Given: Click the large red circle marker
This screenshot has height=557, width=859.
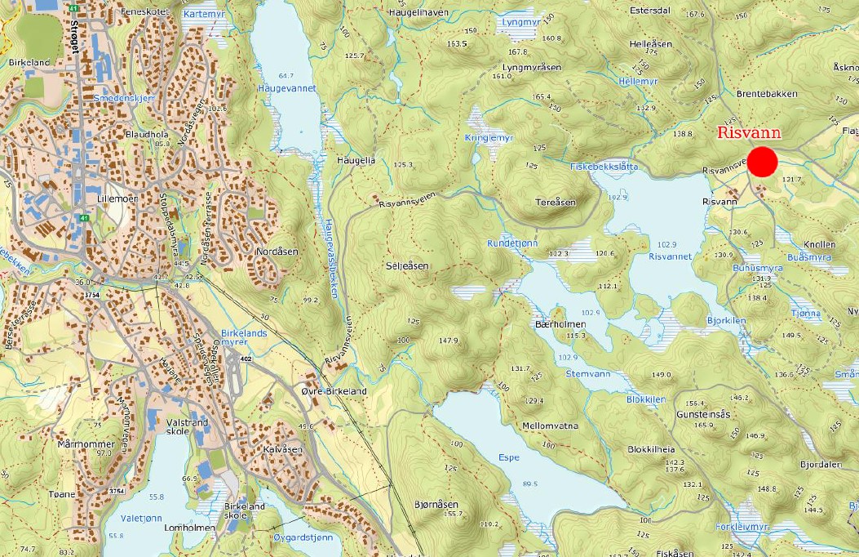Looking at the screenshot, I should point(763,162).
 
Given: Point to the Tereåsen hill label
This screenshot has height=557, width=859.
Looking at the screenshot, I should point(556,203).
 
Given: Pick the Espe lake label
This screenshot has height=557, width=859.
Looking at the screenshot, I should point(509,457).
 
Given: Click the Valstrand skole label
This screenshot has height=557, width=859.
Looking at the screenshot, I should point(187,428).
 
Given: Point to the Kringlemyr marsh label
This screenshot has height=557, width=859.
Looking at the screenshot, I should point(489,139).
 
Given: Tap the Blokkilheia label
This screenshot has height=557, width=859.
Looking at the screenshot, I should point(652,449).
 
